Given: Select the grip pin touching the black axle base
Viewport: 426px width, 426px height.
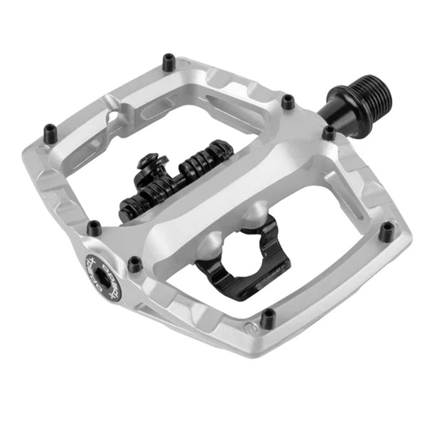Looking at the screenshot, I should pos(329,133).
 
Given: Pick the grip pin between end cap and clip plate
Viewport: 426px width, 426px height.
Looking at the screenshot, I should pos(135,264).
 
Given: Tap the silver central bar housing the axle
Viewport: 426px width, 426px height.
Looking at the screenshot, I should pos(233,175).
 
